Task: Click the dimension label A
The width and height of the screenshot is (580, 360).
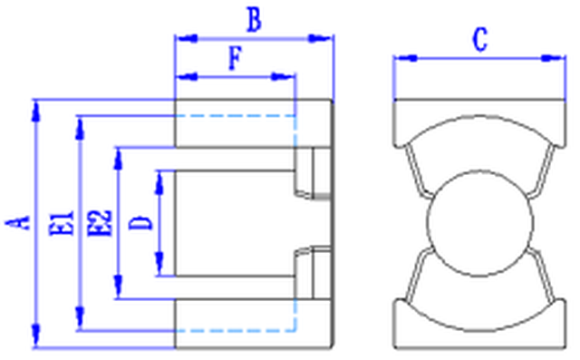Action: click(17, 223)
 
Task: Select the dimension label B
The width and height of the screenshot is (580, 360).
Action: click(254, 20)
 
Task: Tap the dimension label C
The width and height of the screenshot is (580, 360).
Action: click(479, 39)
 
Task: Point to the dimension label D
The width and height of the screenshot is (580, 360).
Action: click(140, 223)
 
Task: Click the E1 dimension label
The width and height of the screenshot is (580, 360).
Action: click(62, 223)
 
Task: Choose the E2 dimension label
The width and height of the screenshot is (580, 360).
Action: click(100, 222)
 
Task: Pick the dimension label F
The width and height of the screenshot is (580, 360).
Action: click(236, 58)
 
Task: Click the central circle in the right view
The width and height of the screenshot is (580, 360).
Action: click(480, 223)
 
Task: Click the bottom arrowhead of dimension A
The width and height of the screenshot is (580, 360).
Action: click(35, 335)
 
